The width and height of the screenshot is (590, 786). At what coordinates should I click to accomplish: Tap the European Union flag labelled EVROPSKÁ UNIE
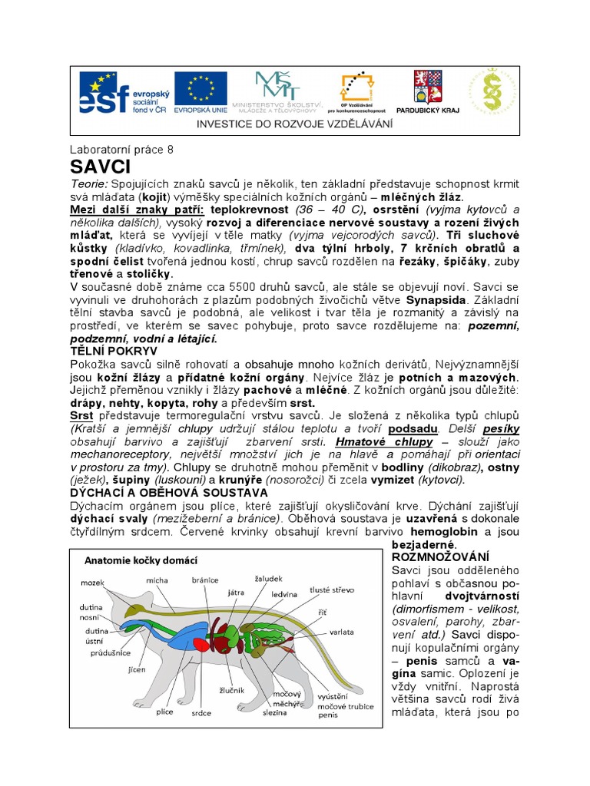200,93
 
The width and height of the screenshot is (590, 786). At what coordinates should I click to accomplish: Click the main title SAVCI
101,167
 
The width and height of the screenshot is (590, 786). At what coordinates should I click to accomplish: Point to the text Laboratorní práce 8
121,150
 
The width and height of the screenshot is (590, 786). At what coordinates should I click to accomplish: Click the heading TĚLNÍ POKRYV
113,350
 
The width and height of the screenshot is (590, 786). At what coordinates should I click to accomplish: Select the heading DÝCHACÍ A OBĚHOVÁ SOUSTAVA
169,492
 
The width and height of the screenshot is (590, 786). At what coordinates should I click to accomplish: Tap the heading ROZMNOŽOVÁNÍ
440,556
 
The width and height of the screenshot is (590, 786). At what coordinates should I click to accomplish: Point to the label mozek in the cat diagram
92,583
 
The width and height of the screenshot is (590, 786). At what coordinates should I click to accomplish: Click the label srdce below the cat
201,712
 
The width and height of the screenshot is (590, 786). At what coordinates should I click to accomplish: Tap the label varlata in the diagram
342,632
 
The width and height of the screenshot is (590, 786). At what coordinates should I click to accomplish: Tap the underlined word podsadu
414,428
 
